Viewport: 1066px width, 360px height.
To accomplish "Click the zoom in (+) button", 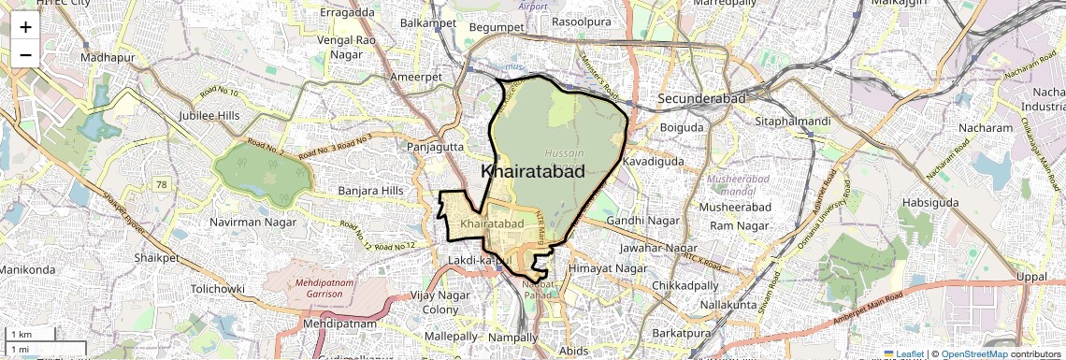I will coord(25,27).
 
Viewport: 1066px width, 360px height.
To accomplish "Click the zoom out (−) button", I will coord(25,54).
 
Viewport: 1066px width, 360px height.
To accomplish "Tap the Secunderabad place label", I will coord(700,98).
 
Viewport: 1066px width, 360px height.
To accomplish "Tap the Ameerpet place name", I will coord(416,77).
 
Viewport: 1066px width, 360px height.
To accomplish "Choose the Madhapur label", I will coord(108,58).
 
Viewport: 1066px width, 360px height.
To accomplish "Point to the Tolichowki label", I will coord(219,289).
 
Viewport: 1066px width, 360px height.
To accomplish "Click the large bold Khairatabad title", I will coord(533,171).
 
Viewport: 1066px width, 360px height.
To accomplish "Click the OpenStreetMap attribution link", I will coord(974,354).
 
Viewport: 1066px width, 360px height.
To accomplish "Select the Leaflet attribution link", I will coord(905,354).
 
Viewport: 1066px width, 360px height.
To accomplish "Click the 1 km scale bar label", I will coord(22,335).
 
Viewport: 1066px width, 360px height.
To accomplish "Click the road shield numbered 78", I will coord(163,184).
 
